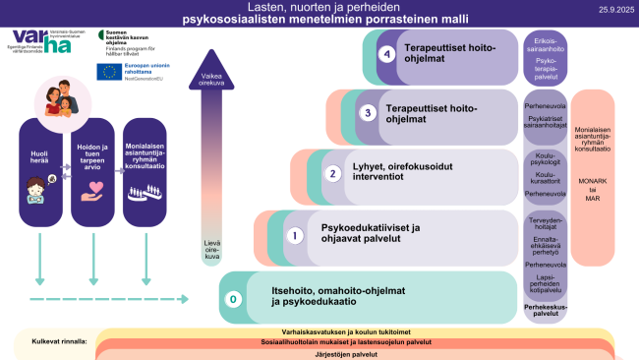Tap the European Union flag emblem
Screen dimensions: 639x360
(x=107, y=71)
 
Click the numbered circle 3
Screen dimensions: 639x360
(x=368, y=112)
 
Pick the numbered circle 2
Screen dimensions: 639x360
(x=332, y=173)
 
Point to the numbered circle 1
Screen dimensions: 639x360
(x=292, y=235)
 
